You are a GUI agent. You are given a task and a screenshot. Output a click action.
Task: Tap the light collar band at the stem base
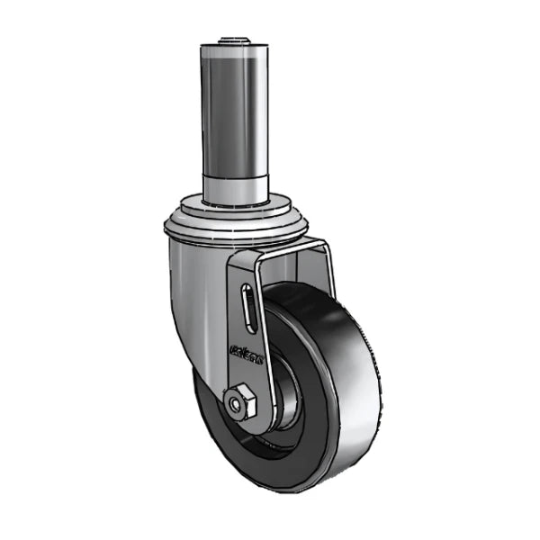pos(236,187)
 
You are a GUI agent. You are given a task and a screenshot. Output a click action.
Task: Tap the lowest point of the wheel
pos(297,491)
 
